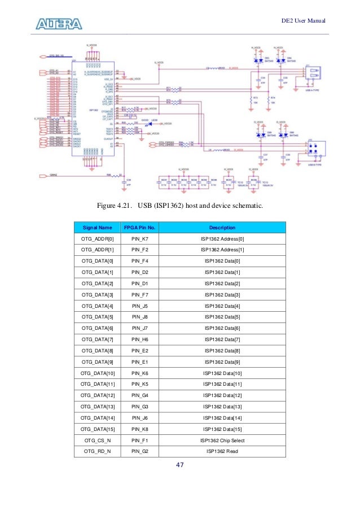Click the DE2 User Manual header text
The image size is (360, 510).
pos(304,21)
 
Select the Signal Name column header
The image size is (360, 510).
pos(97,228)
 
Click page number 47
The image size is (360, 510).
pos(181,465)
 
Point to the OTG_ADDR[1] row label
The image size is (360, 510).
pos(97,251)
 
